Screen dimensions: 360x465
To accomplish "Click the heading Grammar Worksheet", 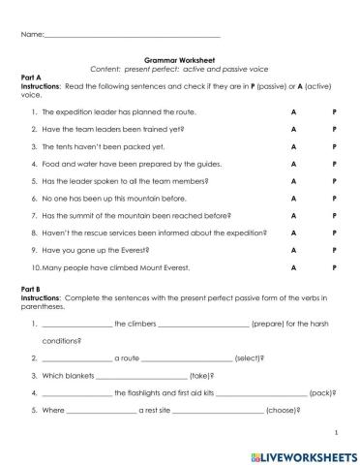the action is (x=180, y=58).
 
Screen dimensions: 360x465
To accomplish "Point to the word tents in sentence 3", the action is (x=66, y=146).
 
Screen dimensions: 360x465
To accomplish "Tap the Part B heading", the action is (x=32, y=289).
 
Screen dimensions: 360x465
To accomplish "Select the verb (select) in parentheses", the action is (x=250, y=357).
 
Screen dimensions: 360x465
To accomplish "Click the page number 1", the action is (x=334, y=433).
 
